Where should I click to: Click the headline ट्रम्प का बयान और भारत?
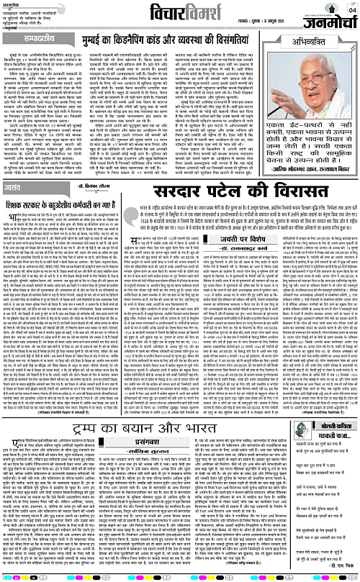pyautogui.click(x=124, y=405)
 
